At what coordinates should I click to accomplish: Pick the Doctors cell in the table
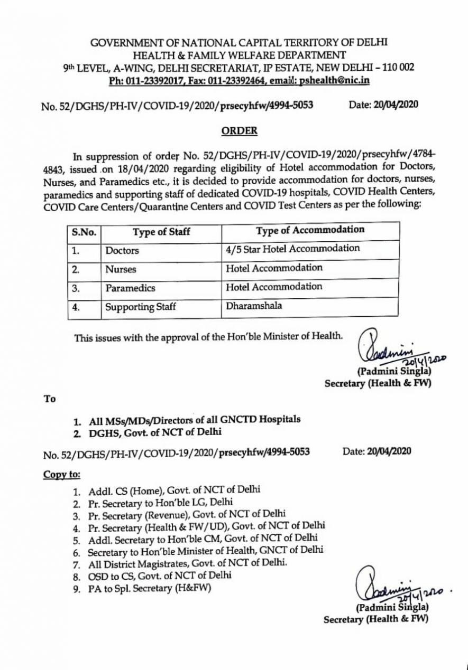pos(122,250)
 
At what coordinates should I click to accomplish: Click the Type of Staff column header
pos(161,231)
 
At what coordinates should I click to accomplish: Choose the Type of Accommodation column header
pos(310,230)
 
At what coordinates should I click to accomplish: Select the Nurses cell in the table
pos(121,269)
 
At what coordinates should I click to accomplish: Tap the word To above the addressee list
pos(50,399)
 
